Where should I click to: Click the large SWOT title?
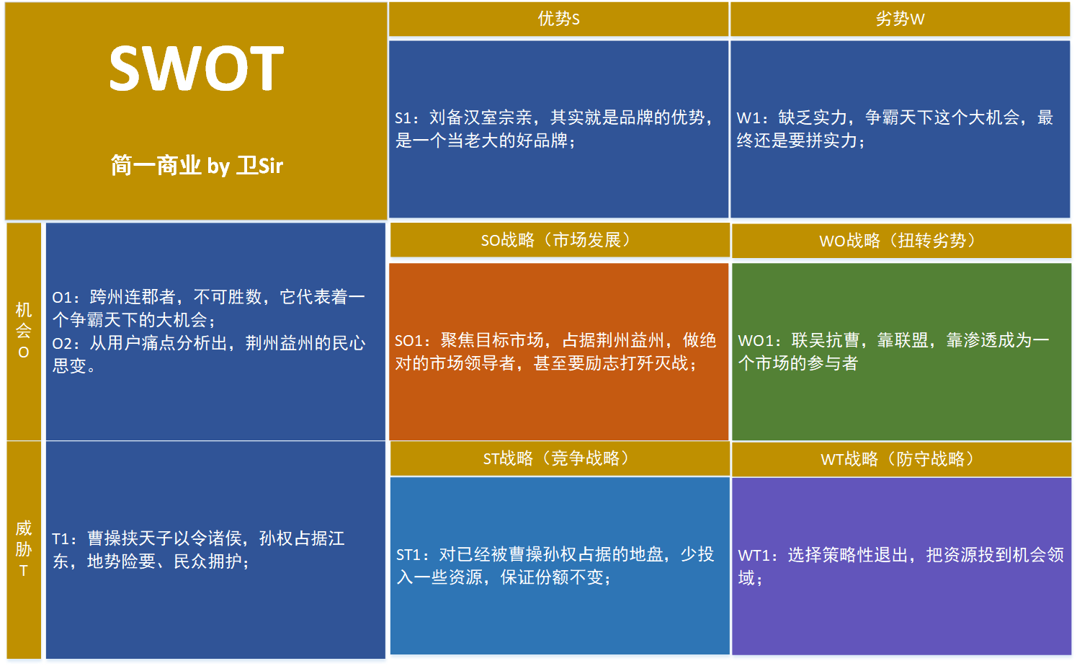196,69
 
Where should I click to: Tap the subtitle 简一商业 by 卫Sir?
197,166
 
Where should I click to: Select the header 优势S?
558,19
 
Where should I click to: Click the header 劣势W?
900,19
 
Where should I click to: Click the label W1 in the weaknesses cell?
747,118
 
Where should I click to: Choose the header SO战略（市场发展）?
558,240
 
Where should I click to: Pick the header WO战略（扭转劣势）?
901,241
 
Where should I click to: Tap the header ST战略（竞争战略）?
558,458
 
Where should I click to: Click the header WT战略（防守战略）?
901,459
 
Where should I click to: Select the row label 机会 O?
24,331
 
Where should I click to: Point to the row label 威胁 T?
24,549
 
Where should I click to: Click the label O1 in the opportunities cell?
62,298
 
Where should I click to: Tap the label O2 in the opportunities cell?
62,344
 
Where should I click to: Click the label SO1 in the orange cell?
408,341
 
